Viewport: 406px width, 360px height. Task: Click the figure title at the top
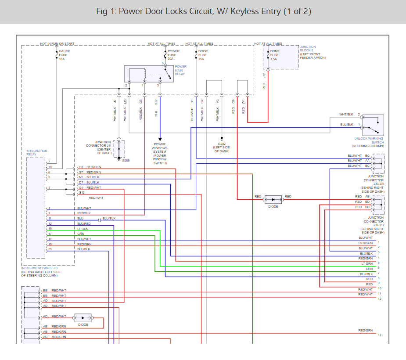pos(203,11)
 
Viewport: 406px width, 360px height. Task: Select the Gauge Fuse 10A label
pos(65,55)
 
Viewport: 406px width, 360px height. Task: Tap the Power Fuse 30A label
pos(173,55)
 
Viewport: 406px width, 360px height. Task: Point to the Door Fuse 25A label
pos(203,55)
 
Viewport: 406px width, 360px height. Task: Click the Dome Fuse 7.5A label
pos(274,55)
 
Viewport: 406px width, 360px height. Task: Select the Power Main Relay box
pos(149,74)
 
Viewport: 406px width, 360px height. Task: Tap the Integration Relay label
pos(37,153)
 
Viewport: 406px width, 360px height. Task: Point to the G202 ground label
pos(222,147)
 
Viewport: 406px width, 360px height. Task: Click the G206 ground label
pos(126,161)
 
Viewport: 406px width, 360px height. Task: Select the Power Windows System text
pos(160,153)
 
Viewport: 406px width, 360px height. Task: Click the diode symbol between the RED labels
pos(273,200)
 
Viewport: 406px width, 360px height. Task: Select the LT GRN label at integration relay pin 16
pos(83,229)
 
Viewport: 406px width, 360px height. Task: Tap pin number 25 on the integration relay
pos(50,249)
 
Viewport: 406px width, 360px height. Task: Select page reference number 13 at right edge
pos(379,335)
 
